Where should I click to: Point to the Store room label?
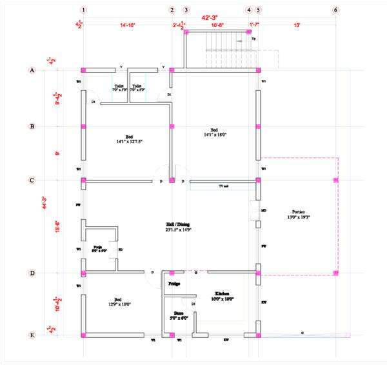pos(179,314)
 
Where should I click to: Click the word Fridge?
pos(174,284)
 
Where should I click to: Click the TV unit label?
pos(224,186)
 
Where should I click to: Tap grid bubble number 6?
pos(335,10)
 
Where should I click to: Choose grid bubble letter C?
pos(32,181)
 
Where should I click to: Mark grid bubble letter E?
pos(32,335)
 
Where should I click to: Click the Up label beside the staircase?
pos(253,39)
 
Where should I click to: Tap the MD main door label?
pos(264,211)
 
